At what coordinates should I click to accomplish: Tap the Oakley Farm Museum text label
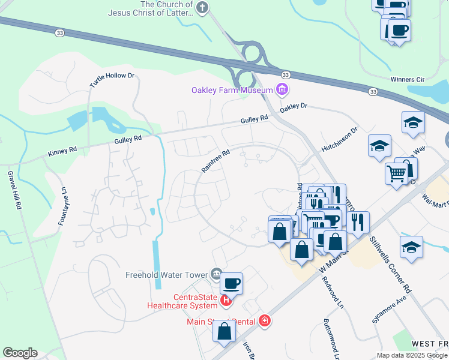[232, 91]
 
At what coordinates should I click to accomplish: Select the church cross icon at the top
[202, 7]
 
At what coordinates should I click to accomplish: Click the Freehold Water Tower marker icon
[216, 275]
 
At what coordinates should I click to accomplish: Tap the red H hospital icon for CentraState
[226, 300]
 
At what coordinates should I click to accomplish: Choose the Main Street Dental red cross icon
[264, 322]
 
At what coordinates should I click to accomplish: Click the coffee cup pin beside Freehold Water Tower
[231, 283]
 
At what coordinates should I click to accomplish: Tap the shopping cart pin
[397, 173]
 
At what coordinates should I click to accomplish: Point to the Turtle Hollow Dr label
[112, 80]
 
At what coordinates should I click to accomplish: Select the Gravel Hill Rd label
[14, 189]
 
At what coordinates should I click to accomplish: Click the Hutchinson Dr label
[339, 139]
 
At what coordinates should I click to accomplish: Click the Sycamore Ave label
[390, 309]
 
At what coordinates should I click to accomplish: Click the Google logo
[20, 353]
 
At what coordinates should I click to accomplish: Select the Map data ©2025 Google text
[411, 355]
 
